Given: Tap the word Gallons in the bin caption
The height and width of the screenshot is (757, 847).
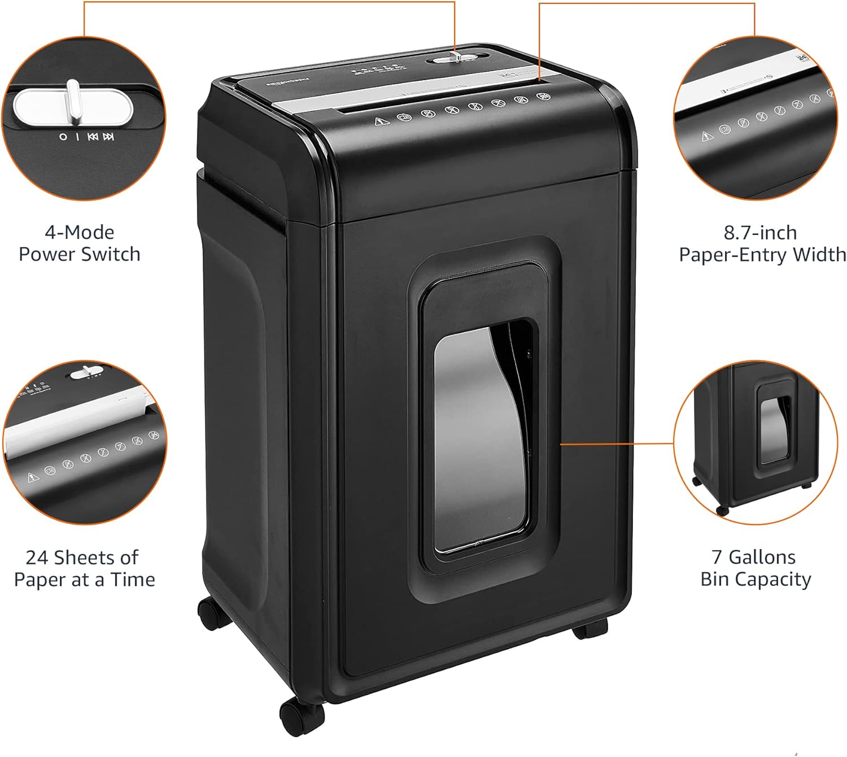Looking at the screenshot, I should (762, 557).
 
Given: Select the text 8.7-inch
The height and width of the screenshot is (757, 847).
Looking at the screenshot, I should (760, 233).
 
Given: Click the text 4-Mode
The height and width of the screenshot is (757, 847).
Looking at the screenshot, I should (79, 232).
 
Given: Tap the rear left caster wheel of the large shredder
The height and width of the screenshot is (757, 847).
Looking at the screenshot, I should (213, 613).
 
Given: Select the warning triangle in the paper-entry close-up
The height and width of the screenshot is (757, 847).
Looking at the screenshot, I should (708, 136).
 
